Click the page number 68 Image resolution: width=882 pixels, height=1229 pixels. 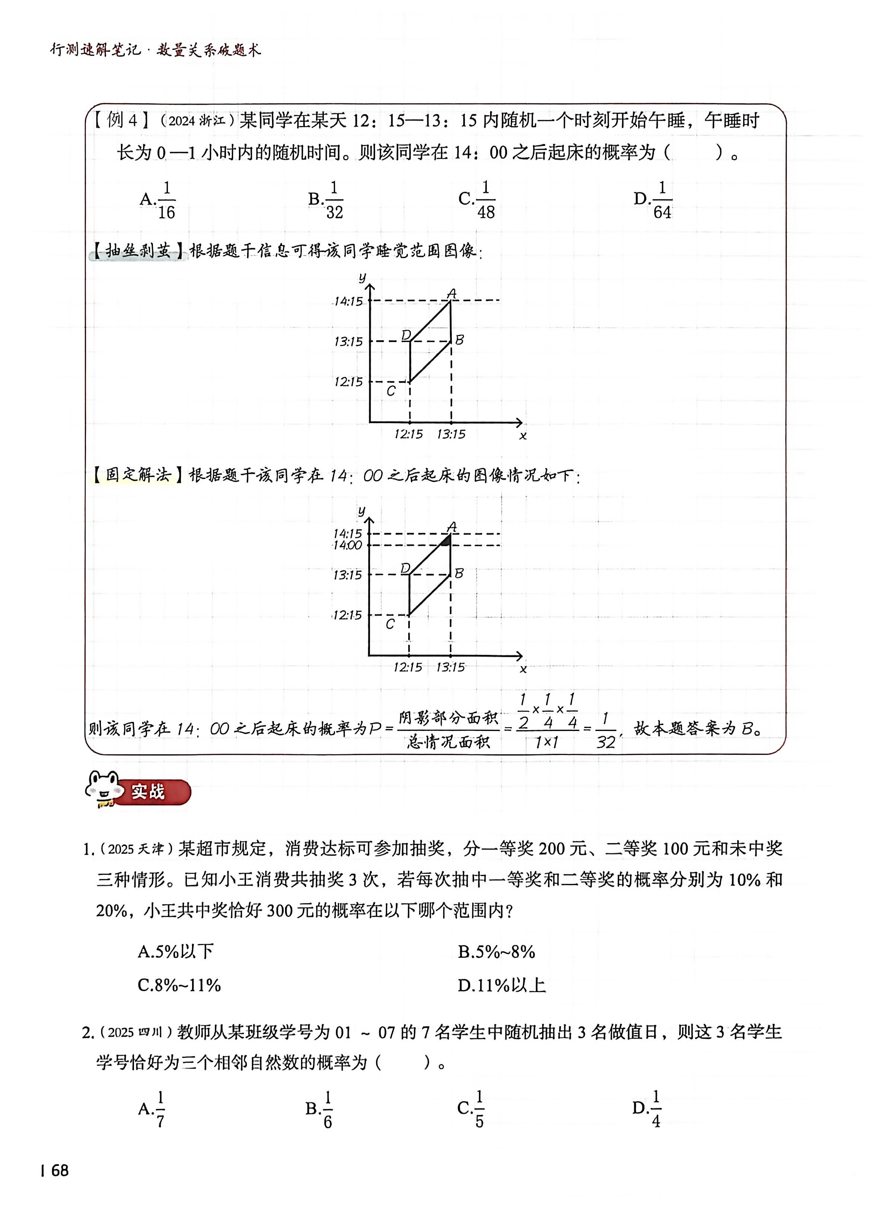[x=59, y=1171]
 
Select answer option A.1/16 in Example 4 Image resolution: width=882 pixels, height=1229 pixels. [x=157, y=200]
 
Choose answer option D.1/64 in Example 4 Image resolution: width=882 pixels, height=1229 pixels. [x=653, y=200]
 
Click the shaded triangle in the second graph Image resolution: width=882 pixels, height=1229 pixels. [x=446, y=540]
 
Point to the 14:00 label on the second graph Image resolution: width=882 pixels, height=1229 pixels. [x=348, y=545]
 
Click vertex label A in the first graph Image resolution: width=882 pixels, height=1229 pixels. [x=451, y=294]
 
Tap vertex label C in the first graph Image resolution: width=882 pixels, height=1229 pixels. [x=391, y=391]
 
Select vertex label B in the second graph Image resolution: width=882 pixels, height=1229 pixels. [x=458, y=573]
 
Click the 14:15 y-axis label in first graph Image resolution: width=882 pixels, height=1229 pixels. [x=348, y=301]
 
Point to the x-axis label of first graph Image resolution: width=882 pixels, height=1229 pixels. [x=523, y=436]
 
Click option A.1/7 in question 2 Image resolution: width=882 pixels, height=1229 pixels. [x=152, y=1109]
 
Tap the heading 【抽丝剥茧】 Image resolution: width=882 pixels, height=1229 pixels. [x=138, y=251]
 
